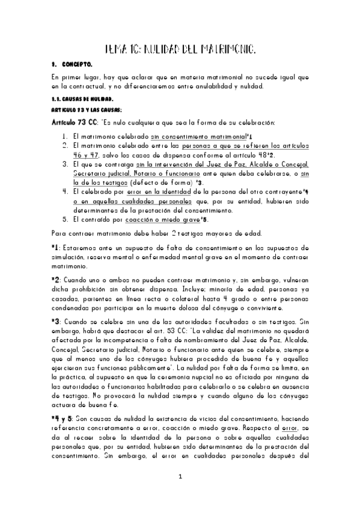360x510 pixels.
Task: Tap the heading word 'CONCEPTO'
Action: (76, 63)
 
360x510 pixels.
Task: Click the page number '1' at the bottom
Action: (180, 494)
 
